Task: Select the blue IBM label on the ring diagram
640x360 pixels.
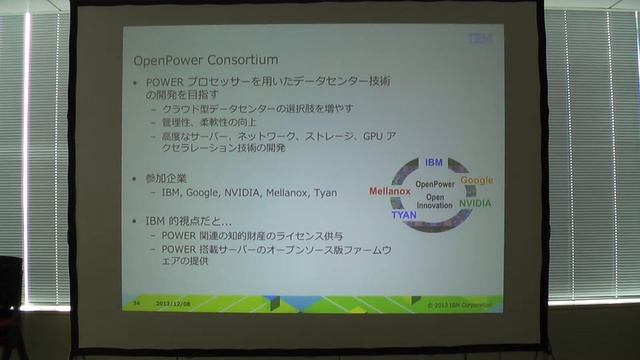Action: pos(433,162)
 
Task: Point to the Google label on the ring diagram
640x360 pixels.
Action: pos(476,181)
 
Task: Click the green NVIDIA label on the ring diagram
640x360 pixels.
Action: pos(474,203)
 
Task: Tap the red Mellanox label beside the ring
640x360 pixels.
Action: pos(390,190)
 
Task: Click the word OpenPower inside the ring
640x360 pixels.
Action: pos(435,185)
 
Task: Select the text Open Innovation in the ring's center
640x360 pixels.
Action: pos(435,202)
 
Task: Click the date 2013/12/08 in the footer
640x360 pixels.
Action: pos(173,301)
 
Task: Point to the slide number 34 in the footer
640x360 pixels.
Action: pos(136,301)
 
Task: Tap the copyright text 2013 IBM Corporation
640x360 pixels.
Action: pos(460,301)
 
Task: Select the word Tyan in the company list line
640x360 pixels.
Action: pos(325,192)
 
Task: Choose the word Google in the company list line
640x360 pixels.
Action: pos(203,192)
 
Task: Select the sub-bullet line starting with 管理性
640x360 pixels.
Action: pos(210,121)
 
